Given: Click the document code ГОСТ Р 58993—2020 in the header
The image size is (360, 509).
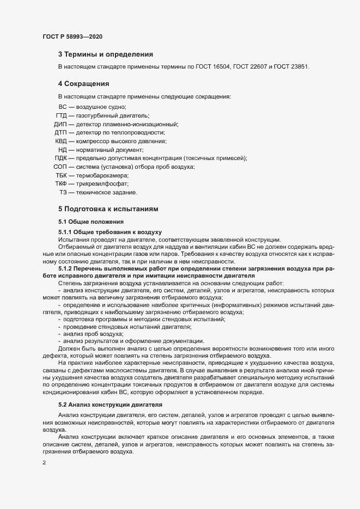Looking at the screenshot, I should click(72, 36).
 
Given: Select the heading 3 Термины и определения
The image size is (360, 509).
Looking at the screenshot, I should click(105, 54).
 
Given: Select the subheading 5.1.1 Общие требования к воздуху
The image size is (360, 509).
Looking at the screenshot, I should click(106, 232).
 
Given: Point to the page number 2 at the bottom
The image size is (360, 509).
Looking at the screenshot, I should click(44, 464).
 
